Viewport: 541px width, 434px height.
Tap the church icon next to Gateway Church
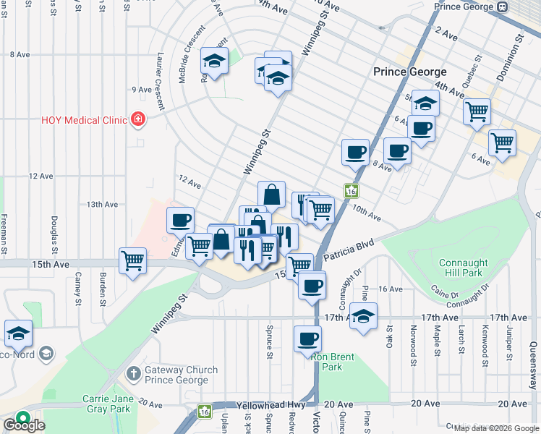pyautogui.click(x=133, y=373)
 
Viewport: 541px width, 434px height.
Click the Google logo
pyautogui.click(x=23, y=425)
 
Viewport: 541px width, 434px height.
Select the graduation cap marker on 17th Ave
pyautogui.click(x=364, y=315)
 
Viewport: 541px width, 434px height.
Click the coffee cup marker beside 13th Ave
pyautogui.click(x=180, y=219)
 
